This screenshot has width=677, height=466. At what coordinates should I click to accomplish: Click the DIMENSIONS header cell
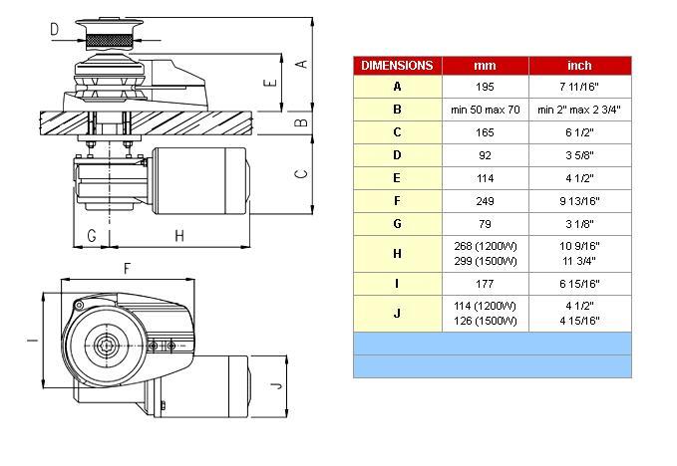coord(397,66)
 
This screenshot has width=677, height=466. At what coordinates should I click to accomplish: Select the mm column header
coord(485,66)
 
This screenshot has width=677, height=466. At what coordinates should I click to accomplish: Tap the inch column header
coord(579,66)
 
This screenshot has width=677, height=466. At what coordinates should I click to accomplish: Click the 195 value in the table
coord(485,87)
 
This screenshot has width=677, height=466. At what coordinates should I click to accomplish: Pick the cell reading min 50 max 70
coord(485,110)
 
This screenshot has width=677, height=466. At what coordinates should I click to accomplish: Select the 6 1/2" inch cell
coord(579,132)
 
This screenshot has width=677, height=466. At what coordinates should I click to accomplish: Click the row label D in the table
coord(397,155)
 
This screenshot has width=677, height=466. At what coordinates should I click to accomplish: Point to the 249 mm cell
coord(485,201)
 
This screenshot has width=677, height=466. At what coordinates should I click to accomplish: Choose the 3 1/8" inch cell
coord(579,224)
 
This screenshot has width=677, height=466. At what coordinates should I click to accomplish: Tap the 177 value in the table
coord(485,284)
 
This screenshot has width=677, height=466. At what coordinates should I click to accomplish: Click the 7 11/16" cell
coord(579,87)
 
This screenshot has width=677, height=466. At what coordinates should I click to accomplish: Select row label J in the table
coord(397,314)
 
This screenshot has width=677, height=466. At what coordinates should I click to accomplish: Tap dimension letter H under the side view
coord(179,236)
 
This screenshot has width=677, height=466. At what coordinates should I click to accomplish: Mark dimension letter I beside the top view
coord(32,341)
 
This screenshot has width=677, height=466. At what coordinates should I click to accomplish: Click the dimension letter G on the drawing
coord(92,236)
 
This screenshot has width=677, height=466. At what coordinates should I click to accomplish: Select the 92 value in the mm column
coord(485,155)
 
